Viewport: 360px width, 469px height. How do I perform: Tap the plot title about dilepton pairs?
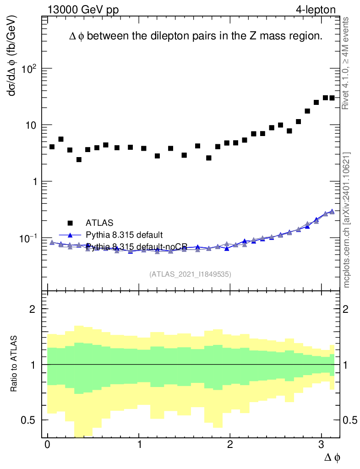(196, 37)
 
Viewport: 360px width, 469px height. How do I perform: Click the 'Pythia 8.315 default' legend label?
(124, 235)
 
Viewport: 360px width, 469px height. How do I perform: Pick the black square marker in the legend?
(70, 223)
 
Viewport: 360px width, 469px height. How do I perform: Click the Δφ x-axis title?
(333, 457)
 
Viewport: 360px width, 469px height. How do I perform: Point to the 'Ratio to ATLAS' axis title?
(15, 364)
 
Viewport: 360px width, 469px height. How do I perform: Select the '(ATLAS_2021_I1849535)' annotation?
(190, 274)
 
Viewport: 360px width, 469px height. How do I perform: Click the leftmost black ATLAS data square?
(52, 147)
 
